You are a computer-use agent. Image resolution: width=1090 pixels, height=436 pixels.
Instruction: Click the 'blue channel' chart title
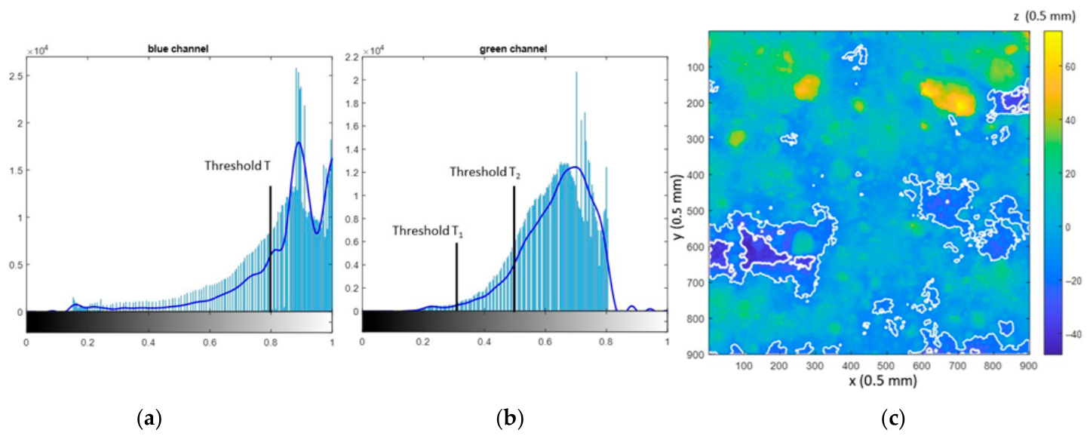(178, 49)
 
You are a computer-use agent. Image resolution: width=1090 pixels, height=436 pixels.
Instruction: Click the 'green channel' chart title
(514, 49)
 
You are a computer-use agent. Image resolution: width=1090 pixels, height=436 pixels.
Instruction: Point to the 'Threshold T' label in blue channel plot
(238, 166)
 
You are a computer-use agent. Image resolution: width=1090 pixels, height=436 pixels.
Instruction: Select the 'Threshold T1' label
(428, 231)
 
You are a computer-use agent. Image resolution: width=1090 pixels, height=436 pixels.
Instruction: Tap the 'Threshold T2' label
(485, 172)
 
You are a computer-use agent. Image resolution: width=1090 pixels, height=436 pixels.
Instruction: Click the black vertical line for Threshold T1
(456, 277)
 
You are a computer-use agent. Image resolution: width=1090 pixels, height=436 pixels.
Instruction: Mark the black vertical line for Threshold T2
(514, 249)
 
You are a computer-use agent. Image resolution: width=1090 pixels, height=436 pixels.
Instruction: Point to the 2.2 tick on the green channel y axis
(352, 57)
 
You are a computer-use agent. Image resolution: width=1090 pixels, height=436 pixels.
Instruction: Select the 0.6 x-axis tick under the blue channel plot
(210, 342)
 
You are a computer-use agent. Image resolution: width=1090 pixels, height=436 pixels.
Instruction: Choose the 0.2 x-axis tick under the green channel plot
(423, 342)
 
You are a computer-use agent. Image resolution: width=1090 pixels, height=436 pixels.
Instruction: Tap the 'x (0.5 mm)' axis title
(883, 380)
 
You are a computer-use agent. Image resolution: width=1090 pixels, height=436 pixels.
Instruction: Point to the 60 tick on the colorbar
(1070, 66)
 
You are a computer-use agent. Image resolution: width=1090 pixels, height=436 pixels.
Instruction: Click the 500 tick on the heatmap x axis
(886, 366)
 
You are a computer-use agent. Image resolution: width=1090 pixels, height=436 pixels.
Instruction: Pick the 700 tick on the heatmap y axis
(695, 283)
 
